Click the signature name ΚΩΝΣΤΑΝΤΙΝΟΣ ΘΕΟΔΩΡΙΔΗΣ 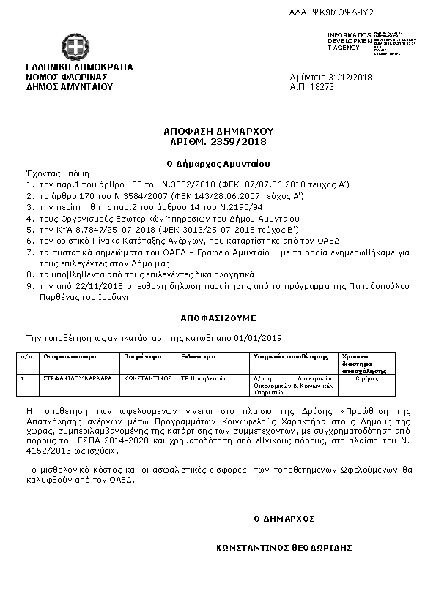pos(285,547)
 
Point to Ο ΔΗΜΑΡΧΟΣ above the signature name pos(284,518)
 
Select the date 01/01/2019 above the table pos(261,337)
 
